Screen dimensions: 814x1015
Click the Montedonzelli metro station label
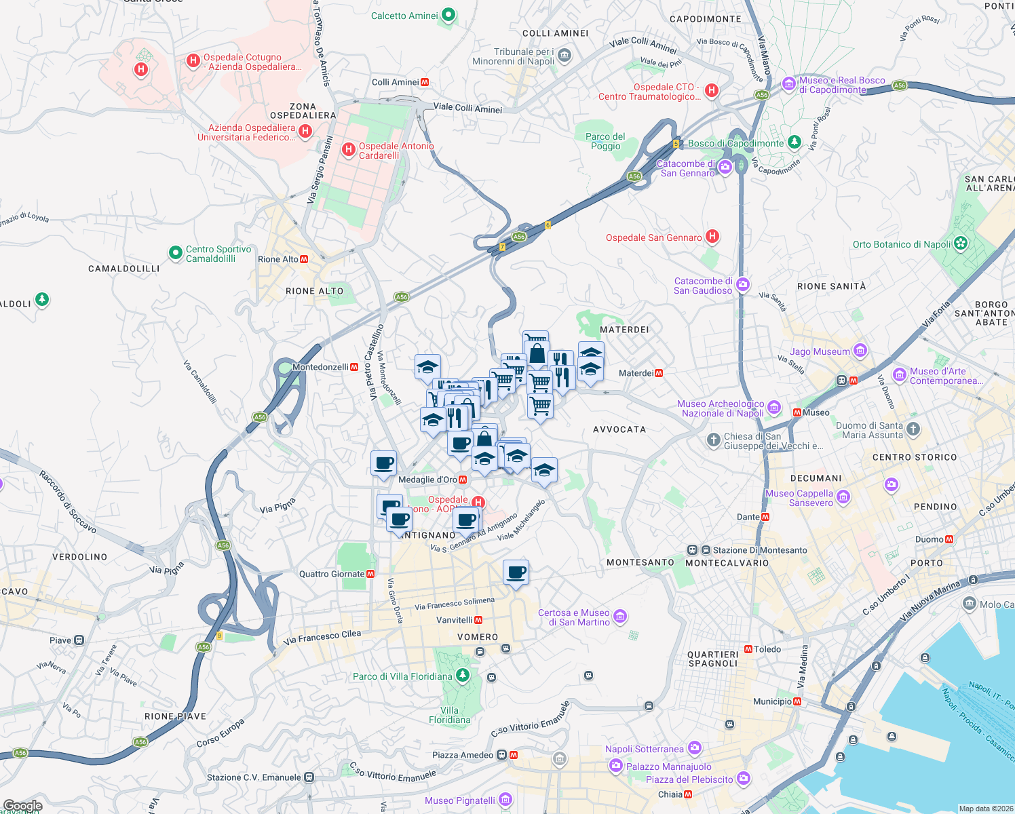click(320, 367)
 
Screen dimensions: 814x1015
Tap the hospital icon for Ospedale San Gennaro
click(712, 237)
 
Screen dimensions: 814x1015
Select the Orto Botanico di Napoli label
click(902, 244)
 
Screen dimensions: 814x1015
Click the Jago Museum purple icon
click(860, 351)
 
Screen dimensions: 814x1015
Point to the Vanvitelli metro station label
click(455, 620)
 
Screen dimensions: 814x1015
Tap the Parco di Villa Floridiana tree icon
click(462, 675)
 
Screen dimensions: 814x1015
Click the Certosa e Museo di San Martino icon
click(619, 617)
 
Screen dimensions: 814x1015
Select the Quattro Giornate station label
click(332, 574)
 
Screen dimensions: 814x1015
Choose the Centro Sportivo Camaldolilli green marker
click(175, 253)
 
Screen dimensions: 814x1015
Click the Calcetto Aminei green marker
click(448, 15)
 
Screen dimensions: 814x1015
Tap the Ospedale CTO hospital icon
click(711, 90)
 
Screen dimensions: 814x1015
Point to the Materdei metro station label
click(636, 373)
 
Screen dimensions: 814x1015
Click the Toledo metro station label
click(767, 649)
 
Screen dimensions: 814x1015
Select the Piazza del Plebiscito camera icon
click(744, 778)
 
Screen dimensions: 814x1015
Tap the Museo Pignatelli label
click(460, 800)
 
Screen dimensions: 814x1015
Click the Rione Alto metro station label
click(278, 259)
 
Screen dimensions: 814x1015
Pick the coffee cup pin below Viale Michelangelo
click(516, 573)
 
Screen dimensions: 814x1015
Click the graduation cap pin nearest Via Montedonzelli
click(427, 366)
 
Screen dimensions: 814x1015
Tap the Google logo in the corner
click(22, 805)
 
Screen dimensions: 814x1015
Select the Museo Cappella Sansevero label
click(799, 498)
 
